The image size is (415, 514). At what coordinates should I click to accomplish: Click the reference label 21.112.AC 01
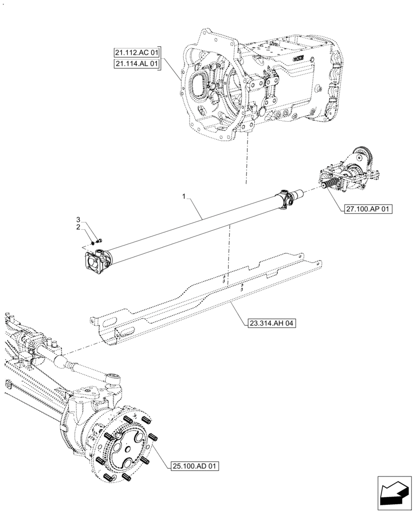137,51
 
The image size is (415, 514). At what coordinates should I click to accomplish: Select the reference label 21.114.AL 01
137,63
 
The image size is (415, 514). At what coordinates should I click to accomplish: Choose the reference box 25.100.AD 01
194,466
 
